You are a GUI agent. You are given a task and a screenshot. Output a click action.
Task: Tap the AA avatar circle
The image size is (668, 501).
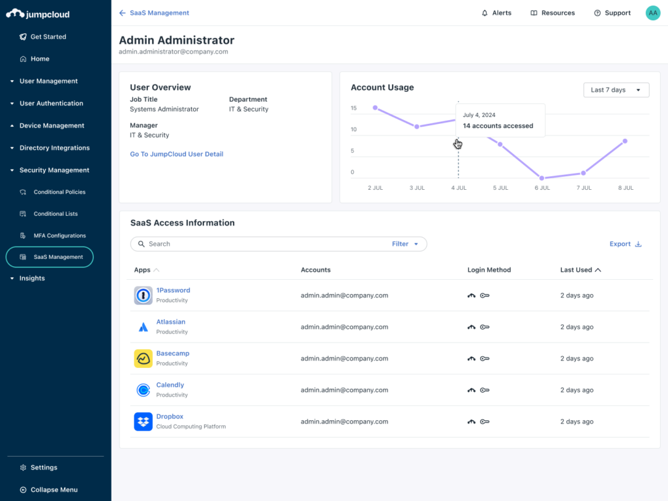pyautogui.click(x=652, y=13)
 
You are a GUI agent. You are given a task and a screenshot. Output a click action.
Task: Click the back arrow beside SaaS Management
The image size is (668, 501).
pyautogui.click(x=123, y=13)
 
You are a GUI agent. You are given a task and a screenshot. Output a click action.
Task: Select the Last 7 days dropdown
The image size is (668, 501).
pyautogui.click(x=616, y=90)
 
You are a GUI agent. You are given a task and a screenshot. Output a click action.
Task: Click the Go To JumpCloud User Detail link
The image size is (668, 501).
pyautogui.click(x=176, y=155)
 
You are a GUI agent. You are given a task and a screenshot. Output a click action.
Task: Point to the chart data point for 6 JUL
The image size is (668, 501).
pyautogui.click(x=541, y=177)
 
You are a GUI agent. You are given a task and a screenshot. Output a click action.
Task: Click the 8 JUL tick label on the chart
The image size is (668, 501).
pyautogui.click(x=625, y=188)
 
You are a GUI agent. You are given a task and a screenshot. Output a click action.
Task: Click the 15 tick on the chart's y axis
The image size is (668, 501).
pyautogui.click(x=353, y=108)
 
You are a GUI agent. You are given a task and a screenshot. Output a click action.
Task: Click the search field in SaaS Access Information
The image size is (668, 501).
pyautogui.click(x=261, y=244)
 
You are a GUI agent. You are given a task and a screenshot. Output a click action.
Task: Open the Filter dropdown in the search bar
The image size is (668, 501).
pyautogui.click(x=405, y=244)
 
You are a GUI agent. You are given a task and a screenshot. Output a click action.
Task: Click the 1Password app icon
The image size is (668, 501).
pyautogui.click(x=144, y=296)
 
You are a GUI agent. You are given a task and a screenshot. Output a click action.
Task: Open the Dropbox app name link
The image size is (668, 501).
pyautogui.click(x=170, y=417)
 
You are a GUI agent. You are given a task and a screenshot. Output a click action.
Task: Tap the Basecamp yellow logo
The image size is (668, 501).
pyautogui.click(x=144, y=359)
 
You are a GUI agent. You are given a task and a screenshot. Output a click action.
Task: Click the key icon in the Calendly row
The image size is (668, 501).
pyautogui.click(x=485, y=390)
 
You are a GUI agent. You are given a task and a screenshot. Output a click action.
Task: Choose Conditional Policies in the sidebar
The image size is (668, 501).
pyautogui.click(x=59, y=192)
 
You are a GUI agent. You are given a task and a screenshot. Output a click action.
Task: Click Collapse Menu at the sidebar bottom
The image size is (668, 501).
pyautogui.click(x=53, y=490)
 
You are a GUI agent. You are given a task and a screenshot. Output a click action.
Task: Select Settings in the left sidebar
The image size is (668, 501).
pyautogui.click(x=44, y=468)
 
